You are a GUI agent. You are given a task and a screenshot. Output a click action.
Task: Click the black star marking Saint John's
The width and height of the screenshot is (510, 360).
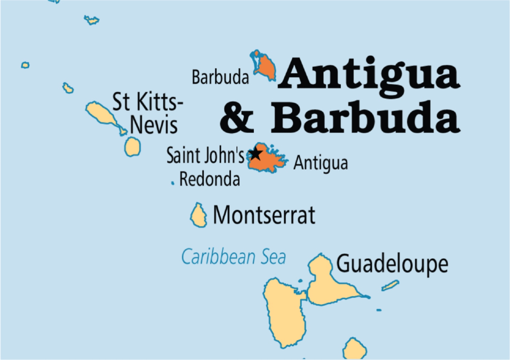coord(256,154)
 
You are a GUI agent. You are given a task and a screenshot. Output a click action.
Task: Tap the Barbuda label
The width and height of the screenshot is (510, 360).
coord(220,78)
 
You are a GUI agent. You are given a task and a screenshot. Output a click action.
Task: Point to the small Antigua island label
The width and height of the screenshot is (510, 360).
coord(321,163)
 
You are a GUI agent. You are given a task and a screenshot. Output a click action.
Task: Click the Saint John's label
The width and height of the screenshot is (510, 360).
coord(205,156)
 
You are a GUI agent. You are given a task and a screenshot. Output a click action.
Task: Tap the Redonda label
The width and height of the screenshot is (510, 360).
coord(210,179)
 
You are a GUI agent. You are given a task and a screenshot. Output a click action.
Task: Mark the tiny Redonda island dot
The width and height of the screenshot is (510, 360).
coord(172,183)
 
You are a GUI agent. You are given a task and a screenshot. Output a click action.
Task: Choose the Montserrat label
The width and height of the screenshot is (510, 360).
coord(264,215)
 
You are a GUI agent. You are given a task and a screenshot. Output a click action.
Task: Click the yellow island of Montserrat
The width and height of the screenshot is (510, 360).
coord(199,215)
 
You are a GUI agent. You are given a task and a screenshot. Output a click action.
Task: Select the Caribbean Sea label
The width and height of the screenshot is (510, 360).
coord(234,257)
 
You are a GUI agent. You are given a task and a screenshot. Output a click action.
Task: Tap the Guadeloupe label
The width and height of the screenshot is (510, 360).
coord(392,264)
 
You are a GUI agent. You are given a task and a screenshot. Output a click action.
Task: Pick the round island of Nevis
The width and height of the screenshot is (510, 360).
coord(132,146)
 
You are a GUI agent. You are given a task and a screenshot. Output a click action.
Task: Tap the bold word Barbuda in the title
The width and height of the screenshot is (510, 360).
coord(365,118)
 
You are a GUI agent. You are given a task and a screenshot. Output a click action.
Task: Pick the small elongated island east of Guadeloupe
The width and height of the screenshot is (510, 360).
coord(390,286)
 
